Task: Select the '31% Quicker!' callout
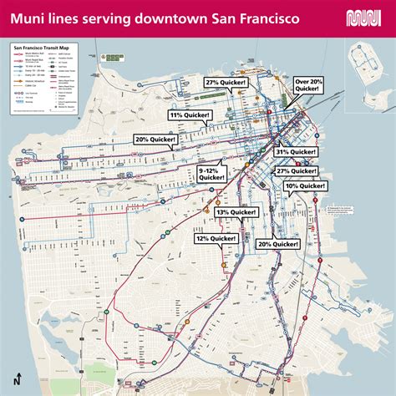tap(296, 152)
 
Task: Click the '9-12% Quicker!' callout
tap(211, 173)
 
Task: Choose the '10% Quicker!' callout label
tap(305, 185)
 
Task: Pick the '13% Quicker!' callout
tap(237, 213)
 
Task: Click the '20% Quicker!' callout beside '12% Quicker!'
tap(278, 243)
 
